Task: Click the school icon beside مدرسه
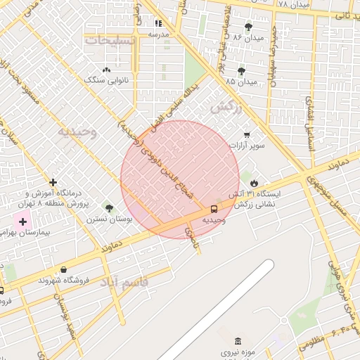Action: click(x=158, y=22)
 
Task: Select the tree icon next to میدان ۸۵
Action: click(x=242, y=71)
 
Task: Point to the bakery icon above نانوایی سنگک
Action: click(x=106, y=70)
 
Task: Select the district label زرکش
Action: click(x=226, y=108)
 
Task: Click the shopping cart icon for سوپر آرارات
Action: click(x=246, y=134)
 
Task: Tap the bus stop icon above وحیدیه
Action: click(x=214, y=209)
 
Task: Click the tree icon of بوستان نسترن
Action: click(x=109, y=208)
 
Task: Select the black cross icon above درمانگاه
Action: click(x=53, y=182)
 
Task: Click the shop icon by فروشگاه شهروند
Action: click(x=64, y=269)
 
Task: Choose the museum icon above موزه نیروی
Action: click(x=238, y=341)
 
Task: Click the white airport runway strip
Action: click(x=218, y=309)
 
